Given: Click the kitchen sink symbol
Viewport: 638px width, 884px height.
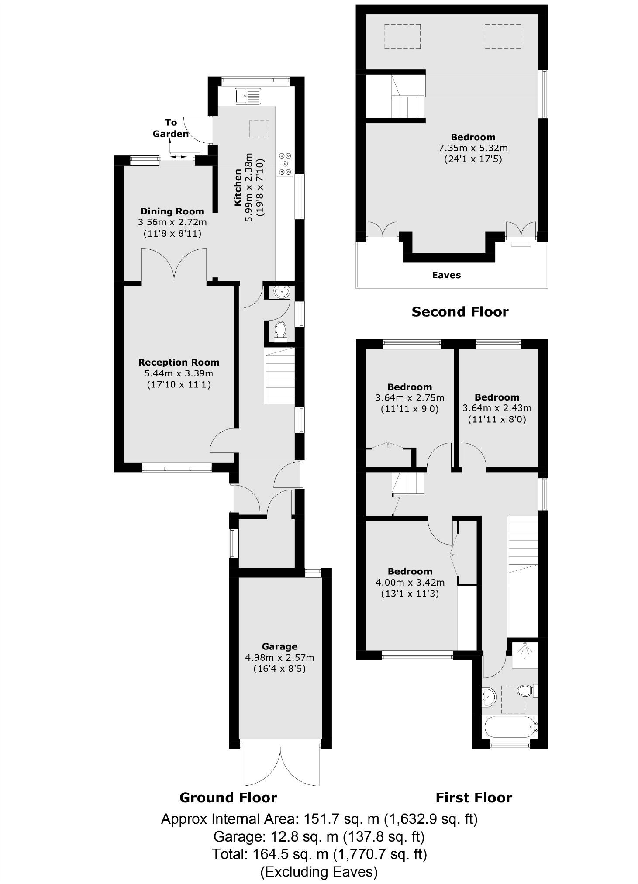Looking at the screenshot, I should coord(248,96).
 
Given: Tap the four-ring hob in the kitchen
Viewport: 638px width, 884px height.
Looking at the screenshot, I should coord(285,164).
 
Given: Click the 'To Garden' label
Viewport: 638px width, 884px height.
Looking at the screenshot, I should coord(171,128).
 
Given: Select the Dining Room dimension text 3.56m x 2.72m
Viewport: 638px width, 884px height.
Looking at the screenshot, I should coord(172,222).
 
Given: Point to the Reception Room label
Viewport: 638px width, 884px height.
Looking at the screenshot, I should coord(179,362).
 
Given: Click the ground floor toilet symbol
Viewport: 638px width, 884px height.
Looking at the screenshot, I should coord(280,331).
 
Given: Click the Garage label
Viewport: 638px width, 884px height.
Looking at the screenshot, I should coord(279,646).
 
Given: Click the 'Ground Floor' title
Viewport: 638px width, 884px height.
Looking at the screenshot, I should coord(228,798).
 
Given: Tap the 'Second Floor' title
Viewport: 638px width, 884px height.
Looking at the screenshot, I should coord(460,312).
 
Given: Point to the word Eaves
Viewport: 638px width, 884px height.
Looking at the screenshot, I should coord(446,275).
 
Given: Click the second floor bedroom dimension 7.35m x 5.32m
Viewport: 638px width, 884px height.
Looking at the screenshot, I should coord(473,148).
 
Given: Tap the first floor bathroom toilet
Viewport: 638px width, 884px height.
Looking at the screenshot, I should coord(525,691).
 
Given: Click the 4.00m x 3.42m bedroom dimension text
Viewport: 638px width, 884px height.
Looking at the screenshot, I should coord(410,583).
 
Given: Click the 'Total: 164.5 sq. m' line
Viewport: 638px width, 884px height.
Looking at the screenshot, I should coord(319,854).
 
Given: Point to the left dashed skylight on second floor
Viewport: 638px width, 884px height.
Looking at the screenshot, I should coord(402,37).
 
